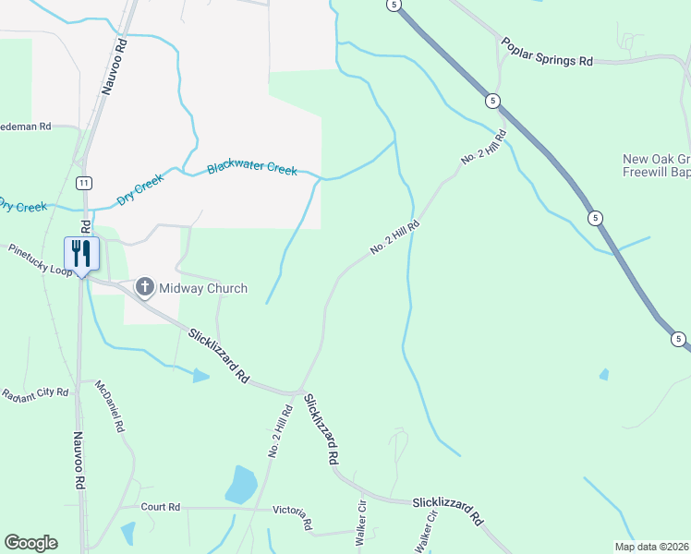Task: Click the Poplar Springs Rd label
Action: tap(547, 52)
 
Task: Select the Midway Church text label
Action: tap(203, 288)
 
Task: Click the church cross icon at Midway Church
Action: tap(145, 288)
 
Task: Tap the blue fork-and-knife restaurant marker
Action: tap(80, 254)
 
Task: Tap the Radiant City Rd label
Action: tap(35, 393)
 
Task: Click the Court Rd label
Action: tap(161, 507)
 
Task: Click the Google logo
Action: tap(30, 543)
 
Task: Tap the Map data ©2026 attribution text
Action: tap(651, 547)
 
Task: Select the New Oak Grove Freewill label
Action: tap(656, 164)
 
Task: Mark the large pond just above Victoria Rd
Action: tap(241, 485)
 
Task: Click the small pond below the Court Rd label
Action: tap(127, 533)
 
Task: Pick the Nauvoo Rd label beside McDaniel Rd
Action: tap(80, 459)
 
